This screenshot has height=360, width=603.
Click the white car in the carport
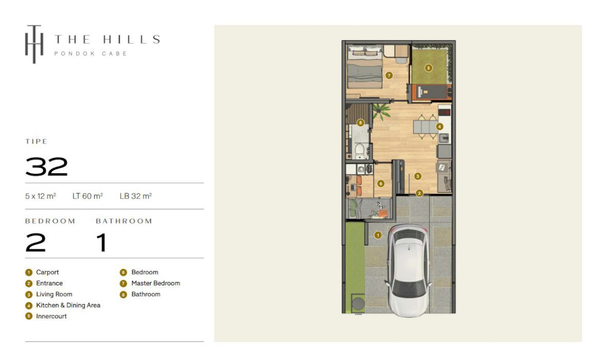tap(408, 271)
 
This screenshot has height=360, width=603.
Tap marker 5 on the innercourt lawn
tap(428, 68)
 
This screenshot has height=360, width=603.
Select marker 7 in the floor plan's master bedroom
tap(389, 76)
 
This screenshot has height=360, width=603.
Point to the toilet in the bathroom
tap(359, 151)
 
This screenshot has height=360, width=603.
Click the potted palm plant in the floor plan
tap(381, 112)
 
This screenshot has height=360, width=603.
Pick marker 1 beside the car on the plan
tap(378, 235)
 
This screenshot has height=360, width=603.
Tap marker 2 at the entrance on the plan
tap(419, 193)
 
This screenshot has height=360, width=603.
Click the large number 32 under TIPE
tap(47, 167)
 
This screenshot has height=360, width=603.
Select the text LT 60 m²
tap(88, 196)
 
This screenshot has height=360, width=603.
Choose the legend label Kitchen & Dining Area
tap(68, 305)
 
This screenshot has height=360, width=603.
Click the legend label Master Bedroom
tap(156, 283)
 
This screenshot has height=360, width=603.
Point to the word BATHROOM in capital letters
tap(124, 221)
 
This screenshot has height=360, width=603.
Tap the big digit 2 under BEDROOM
tap(35, 243)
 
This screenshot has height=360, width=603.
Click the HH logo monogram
tap(34, 44)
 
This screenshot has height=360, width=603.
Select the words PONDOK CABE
tap(90, 54)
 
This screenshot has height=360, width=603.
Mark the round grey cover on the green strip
tap(358, 304)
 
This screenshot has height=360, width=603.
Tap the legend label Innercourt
tap(51, 316)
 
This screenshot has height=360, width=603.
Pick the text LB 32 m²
tap(136, 196)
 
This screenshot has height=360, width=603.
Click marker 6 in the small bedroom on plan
tap(381, 184)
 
